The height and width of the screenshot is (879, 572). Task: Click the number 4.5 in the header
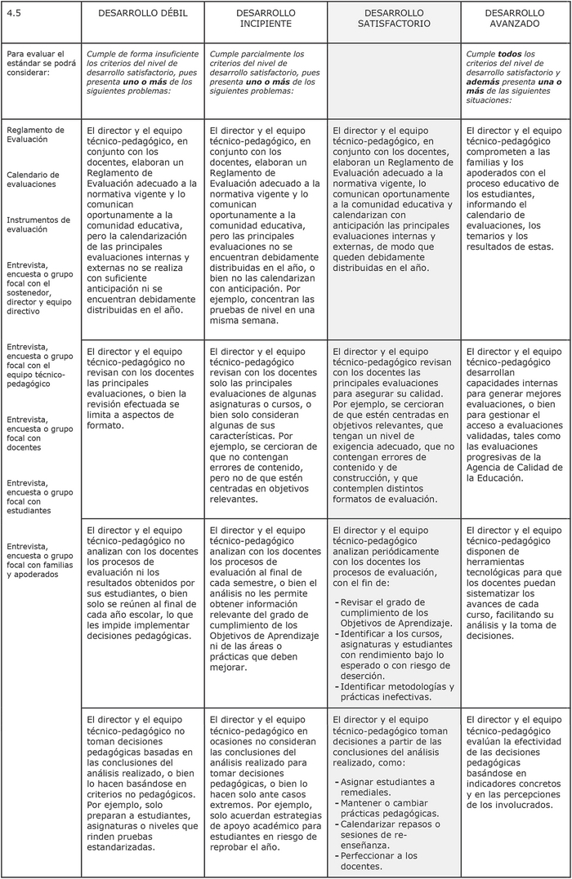click(14, 14)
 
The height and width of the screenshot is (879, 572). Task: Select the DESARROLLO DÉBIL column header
click(142, 14)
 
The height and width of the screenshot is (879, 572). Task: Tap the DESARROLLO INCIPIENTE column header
click(266, 19)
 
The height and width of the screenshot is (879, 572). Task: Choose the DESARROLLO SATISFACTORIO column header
click(394, 19)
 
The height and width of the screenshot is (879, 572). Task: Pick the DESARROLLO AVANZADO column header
click(514, 19)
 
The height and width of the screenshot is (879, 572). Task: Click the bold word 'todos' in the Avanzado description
click(511, 54)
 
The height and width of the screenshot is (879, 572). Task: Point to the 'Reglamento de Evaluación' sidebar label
click(35, 135)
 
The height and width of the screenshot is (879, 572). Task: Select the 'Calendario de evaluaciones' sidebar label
click(33, 180)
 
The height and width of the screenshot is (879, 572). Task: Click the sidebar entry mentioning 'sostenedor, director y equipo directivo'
click(36, 287)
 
